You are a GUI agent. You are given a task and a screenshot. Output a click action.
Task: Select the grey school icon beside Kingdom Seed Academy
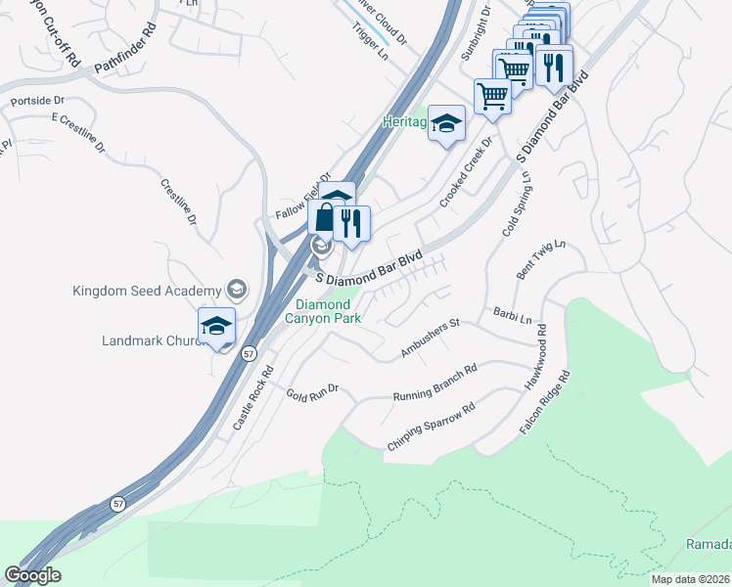pos(236,289)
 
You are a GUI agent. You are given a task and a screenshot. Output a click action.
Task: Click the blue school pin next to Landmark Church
pos(216,327)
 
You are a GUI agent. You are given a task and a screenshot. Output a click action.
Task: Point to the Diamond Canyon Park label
pos(323,311)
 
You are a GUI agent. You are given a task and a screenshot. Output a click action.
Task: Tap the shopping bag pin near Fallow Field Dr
pos(324,217)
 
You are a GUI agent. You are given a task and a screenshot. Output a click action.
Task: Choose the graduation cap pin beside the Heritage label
pos(446,124)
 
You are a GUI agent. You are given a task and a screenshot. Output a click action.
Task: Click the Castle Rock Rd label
pos(251,399)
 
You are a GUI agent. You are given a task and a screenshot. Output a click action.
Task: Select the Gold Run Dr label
pos(311,391)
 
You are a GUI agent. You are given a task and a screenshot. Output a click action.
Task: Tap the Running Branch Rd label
pos(435,384)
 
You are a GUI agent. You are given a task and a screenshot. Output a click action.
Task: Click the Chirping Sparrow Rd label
pos(431,422)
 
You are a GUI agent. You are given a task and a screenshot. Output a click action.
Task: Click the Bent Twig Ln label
pos(541,260)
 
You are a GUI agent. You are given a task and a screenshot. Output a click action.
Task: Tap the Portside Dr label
pos(37,101)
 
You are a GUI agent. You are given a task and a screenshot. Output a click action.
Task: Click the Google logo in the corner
pos(32,575)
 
